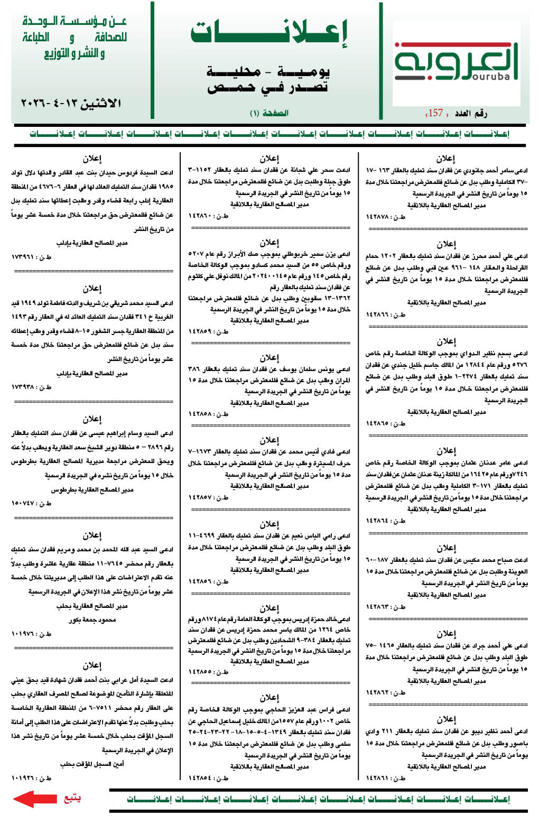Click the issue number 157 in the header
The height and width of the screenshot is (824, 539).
[x=435, y=113]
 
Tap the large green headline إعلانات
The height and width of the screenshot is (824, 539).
[x=269, y=34]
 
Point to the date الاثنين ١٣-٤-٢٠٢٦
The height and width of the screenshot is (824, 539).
[x=71, y=104]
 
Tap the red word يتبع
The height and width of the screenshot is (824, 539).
[x=72, y=798]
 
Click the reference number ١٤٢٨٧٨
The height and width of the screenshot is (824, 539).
[x=379, y=217]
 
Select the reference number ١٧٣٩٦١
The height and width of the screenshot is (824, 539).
[x=25, y=256]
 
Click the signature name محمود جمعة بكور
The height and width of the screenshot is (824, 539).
[x=92, y=619]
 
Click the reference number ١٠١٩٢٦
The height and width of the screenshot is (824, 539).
[x=25, y=778]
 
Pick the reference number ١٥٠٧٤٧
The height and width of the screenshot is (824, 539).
[x=25, y=503]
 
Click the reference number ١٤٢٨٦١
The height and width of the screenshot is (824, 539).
[x=379, y=778]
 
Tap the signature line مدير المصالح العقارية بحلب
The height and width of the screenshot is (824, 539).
[x=92, y=606]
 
